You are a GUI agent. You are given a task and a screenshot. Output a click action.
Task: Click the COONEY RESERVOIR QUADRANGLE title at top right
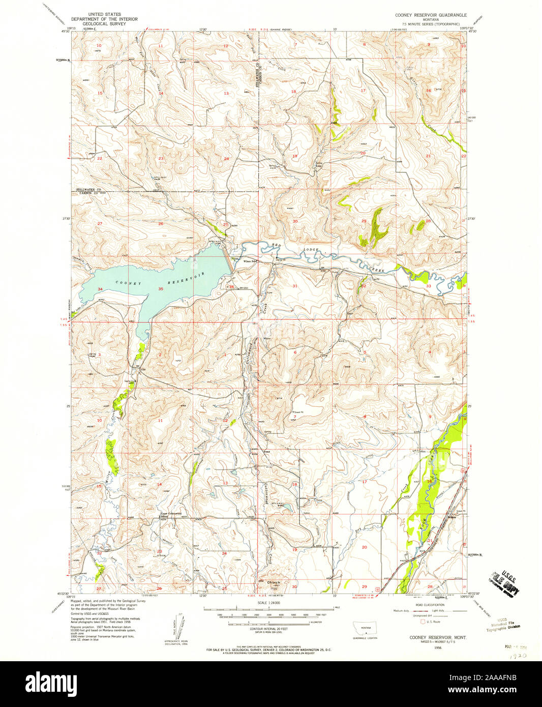431,15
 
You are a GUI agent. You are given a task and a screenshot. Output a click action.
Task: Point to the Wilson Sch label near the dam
248,261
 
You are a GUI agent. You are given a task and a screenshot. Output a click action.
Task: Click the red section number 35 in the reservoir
161,289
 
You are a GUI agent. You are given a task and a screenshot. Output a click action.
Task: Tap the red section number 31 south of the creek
295,286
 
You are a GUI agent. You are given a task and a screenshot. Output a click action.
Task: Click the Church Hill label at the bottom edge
274,585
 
